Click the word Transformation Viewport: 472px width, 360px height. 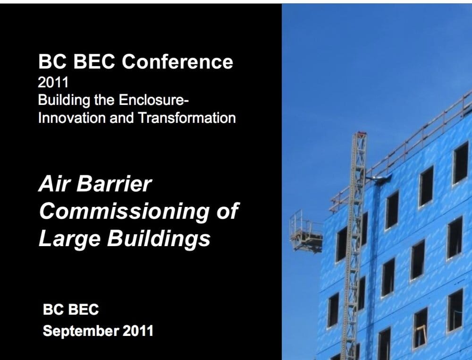click(x=187, y=118)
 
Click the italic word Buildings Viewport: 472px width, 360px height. click(x=158, y=239)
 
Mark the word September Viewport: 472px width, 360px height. click(x=80, y=331)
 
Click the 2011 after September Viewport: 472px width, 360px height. click(x=138, y=331)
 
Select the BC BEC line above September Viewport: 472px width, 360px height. click(x=71, y=310)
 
